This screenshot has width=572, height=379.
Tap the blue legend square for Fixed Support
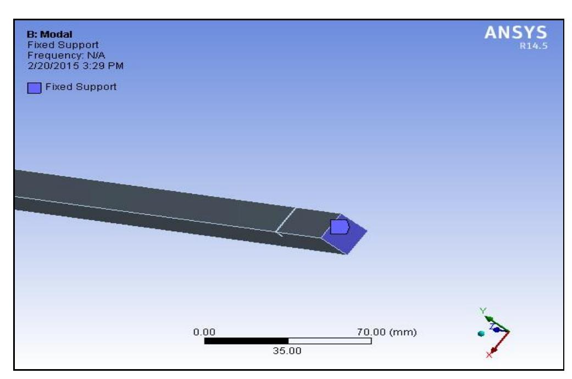(x=34, y=88)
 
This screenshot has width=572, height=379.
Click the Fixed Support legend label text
(x=80, y=87)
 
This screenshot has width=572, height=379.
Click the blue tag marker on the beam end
(x=340, y=226)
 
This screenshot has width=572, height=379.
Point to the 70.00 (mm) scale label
(x=387, y=332)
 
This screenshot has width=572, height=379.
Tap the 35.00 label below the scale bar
(x=288, y=351)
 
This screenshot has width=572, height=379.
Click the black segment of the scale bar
(x=246, y=341)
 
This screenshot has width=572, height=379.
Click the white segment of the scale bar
(x=330, y=341)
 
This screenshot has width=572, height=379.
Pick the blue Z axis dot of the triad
(x=497, y=330)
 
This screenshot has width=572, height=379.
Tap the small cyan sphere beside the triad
(x=481, y=333)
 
